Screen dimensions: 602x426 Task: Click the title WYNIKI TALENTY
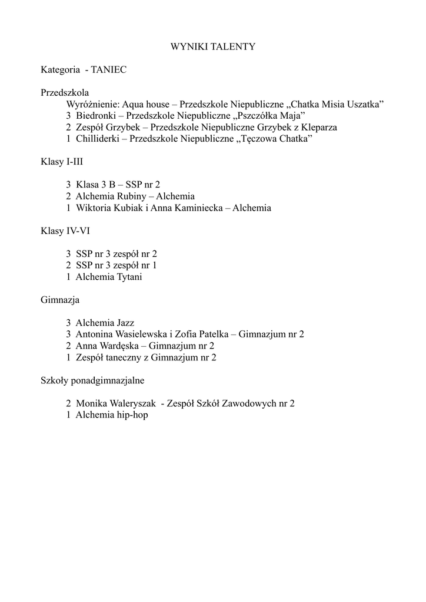[213, 46]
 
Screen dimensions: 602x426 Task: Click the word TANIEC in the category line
[109, 69]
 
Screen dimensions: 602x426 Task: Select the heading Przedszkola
[65, 92]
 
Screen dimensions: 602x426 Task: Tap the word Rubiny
[132, 196]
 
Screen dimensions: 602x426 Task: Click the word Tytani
[129, 276]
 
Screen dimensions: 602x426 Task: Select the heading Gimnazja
[60, 299]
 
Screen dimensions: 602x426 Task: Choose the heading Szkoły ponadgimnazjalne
[92, 380]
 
